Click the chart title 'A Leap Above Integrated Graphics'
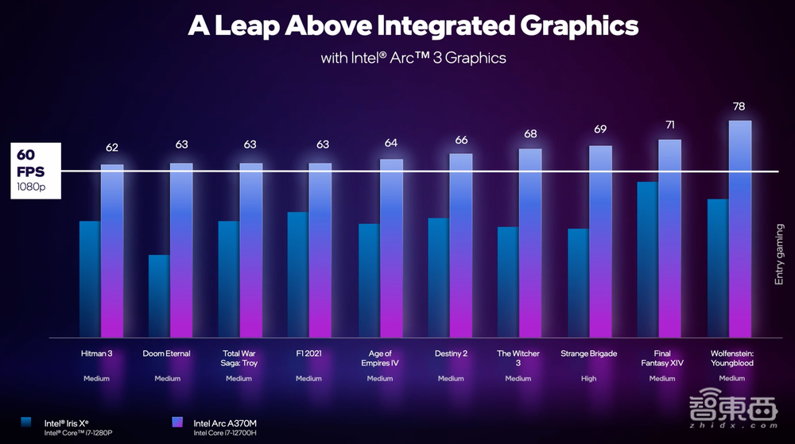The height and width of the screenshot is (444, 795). pos(413,25)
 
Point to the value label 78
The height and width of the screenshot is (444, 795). pos(740,107)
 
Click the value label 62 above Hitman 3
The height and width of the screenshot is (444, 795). pos(112,148)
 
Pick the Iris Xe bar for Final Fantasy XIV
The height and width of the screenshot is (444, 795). pos(647,259)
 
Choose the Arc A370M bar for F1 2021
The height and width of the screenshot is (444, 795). pos(321,249)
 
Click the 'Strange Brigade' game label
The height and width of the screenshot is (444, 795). pos(588,353)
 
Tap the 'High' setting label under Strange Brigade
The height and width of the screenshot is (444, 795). pos(588,379)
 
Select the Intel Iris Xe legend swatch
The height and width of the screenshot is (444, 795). pos(28,423)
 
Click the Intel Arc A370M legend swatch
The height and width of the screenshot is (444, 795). pos(177,423)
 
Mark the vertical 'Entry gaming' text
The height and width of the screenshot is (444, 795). pos(779,254)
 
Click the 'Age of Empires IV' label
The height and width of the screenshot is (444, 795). pos(380,358)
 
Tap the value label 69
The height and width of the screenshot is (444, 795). pos(600,129)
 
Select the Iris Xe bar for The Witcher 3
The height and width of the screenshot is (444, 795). pos(508,281)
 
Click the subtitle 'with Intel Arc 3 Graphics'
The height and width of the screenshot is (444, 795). pos(413,58)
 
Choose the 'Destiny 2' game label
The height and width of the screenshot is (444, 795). pos(450,353)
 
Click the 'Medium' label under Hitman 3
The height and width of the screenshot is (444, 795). pos(97,379)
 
